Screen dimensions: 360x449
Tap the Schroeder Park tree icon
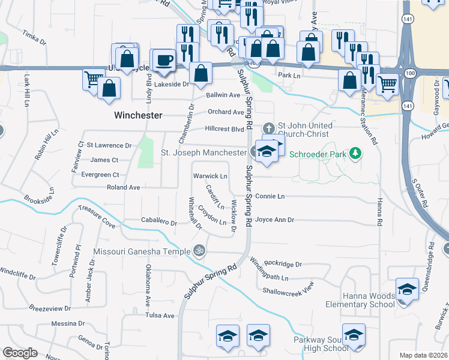tap(355, 154)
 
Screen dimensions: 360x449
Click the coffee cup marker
tap(164, 61)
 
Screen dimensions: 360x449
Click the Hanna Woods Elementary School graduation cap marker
tap(407, 289)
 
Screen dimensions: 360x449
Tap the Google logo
tap(20, 353)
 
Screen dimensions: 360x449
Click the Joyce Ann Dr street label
tap(274, 220)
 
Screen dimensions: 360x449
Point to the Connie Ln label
tap(270, 196)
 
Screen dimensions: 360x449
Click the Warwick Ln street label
tap(210, 176)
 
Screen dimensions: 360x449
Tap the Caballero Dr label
tap(158, 222)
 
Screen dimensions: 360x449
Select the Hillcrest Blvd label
tap(224, 128)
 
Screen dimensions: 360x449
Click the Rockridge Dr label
tap(283, 263)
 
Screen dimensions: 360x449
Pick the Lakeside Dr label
tap(172, 85)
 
